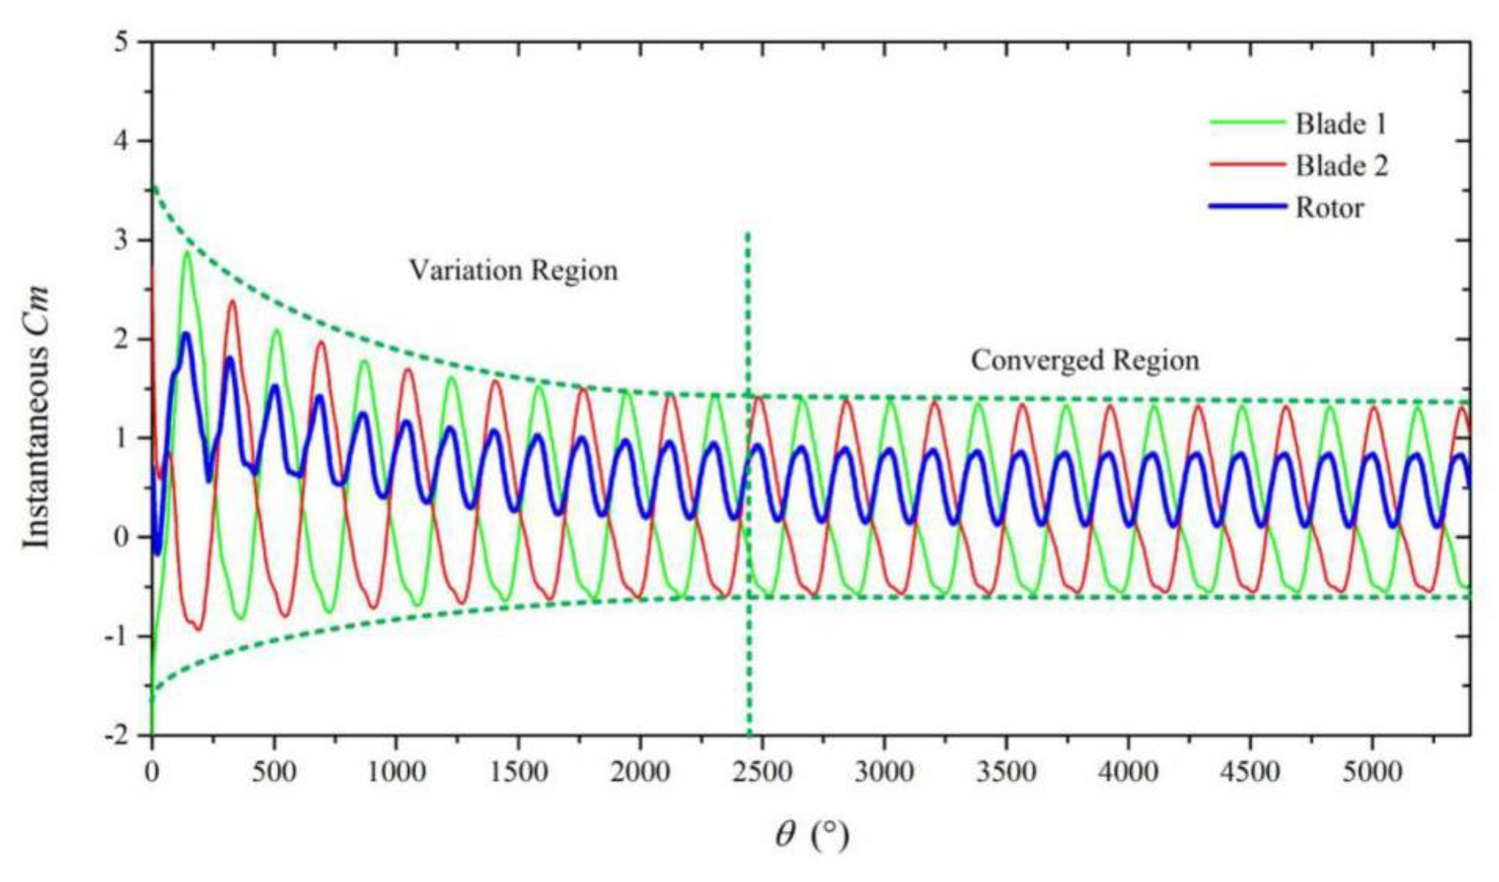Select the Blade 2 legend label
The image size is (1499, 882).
1342,166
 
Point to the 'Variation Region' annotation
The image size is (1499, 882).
513,270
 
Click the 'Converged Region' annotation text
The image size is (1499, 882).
1085,361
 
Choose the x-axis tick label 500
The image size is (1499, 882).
274,772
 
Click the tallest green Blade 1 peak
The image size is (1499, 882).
188,253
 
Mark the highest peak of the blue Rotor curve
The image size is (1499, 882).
186,334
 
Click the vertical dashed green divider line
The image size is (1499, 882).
748,476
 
